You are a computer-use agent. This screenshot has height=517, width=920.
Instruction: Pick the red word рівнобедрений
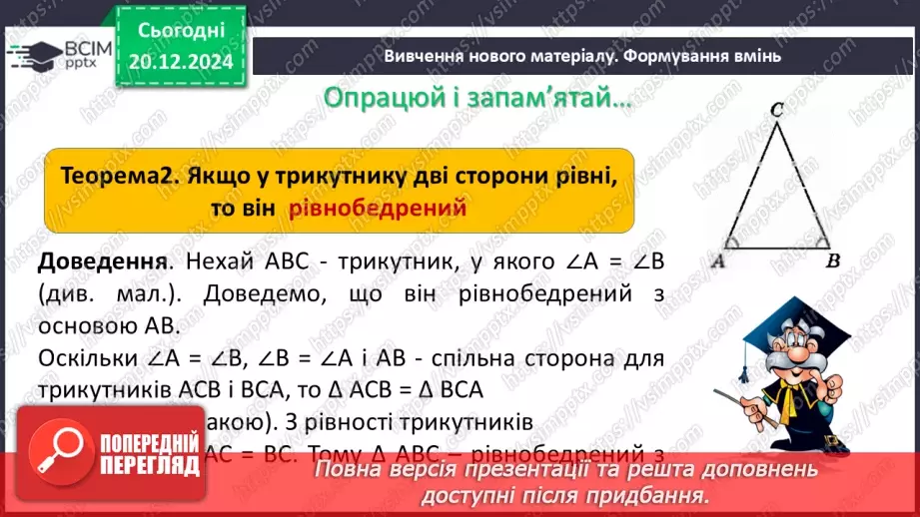[379, 209]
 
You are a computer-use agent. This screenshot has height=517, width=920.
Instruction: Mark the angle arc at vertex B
[819, 241]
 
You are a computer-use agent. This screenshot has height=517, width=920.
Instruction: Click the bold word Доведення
[100, 263]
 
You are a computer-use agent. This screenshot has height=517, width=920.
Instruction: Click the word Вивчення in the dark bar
[422, 56]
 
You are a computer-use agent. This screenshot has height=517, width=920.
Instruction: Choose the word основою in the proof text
[84, 325]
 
